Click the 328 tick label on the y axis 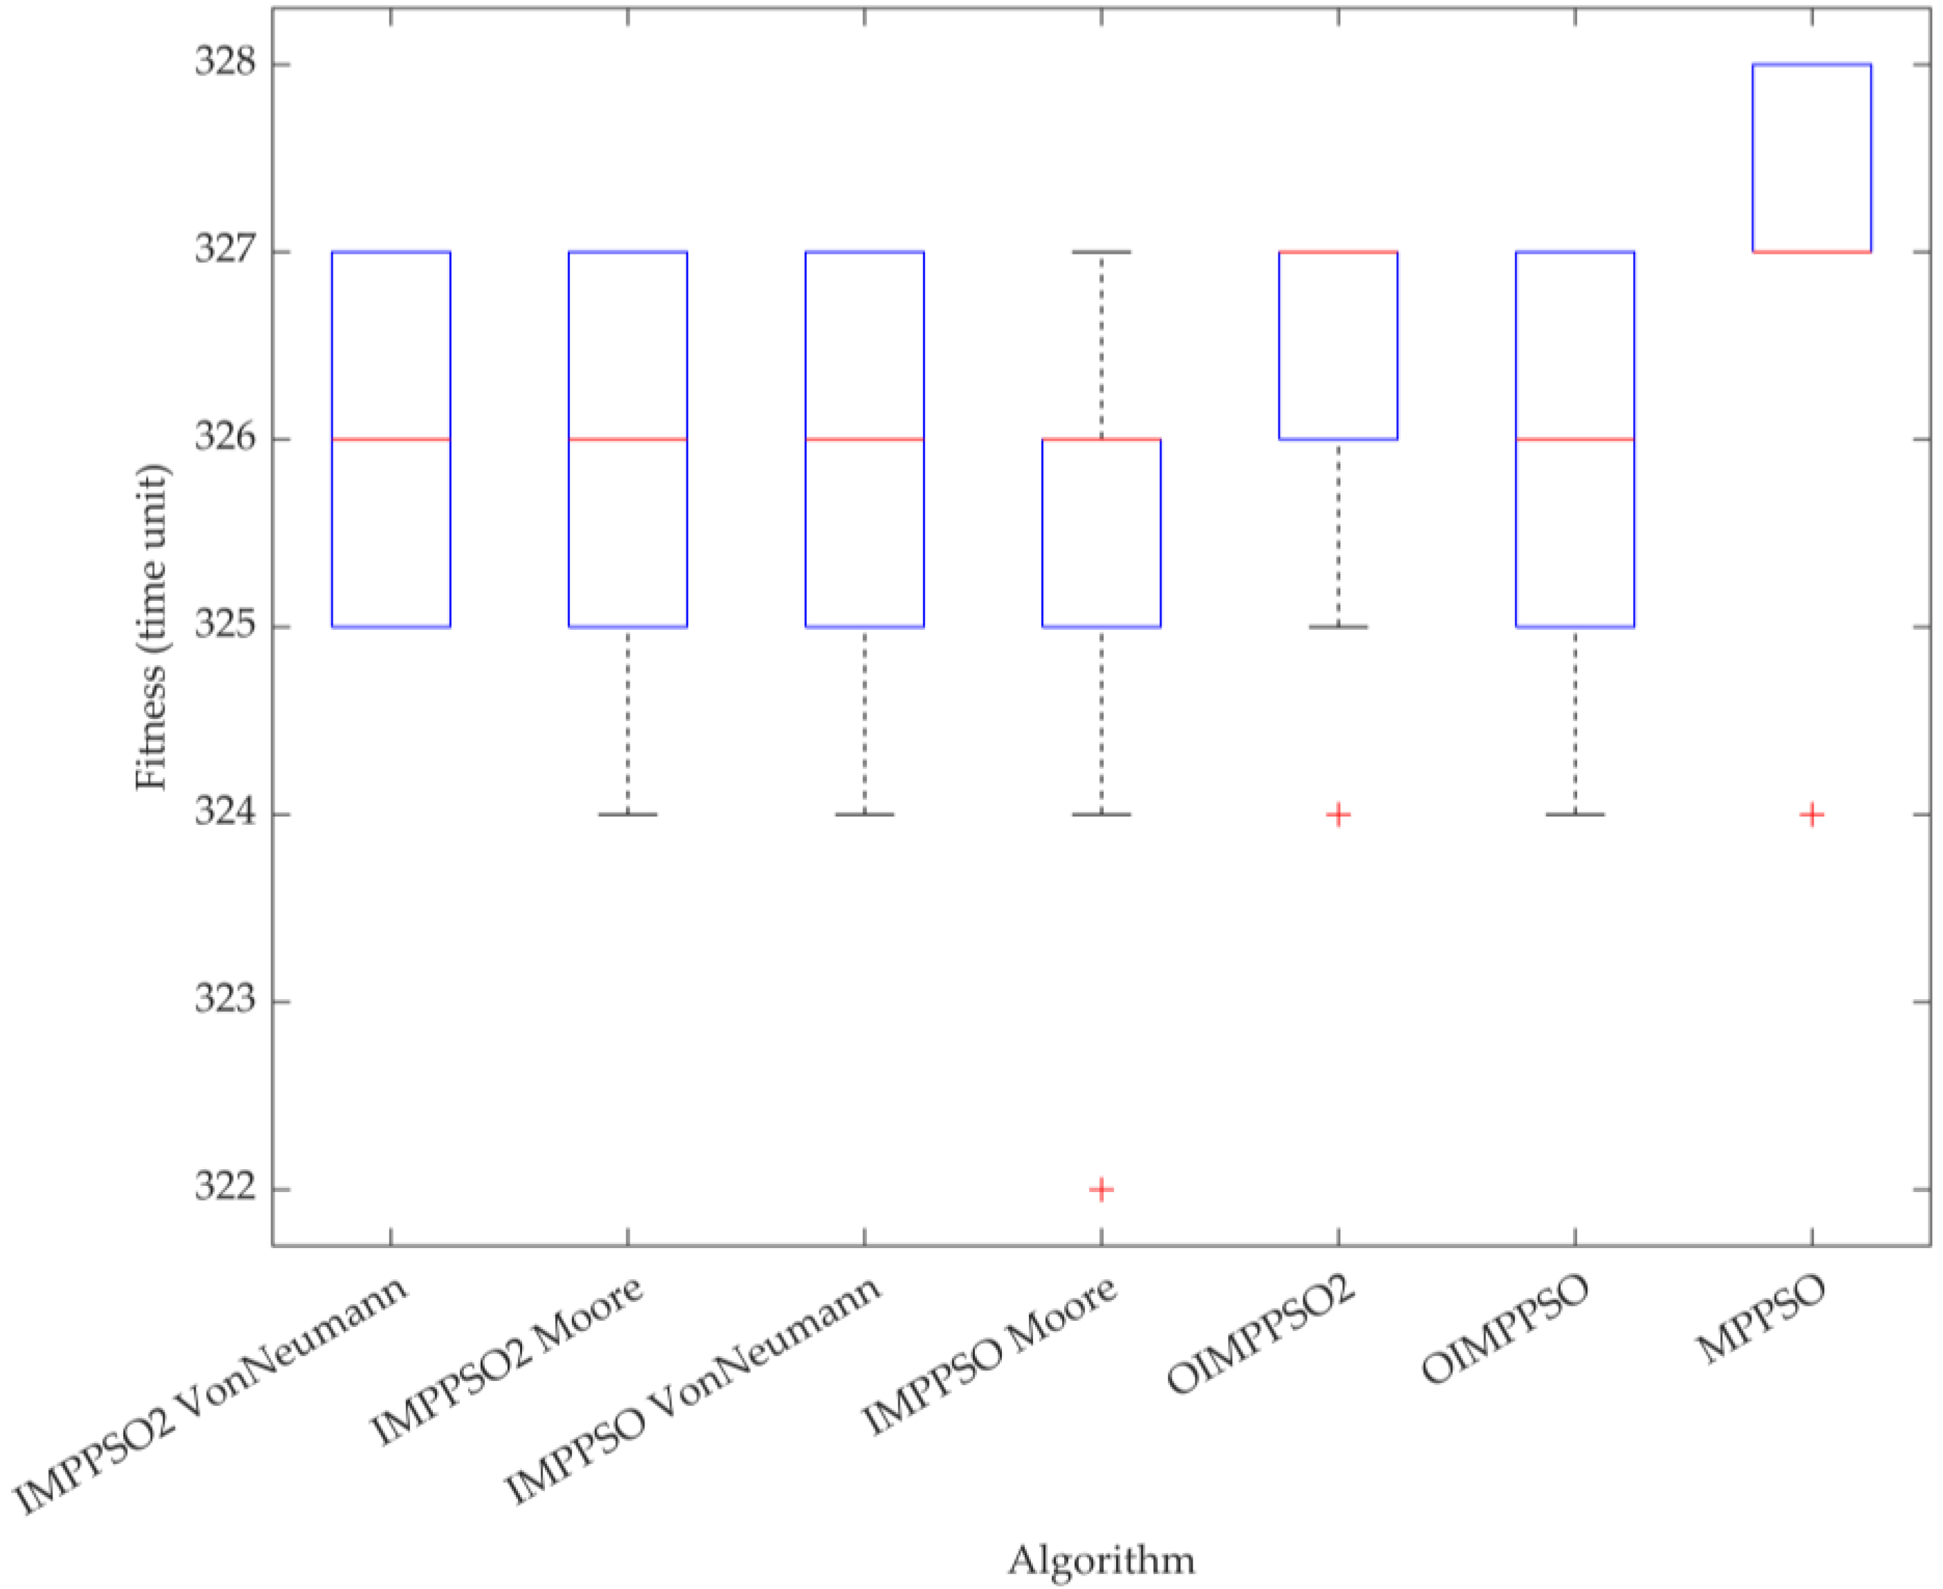225,64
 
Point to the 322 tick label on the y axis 225,1189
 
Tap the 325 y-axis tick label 225,627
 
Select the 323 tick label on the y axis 225,1001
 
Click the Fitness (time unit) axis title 152,628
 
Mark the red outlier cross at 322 1101,1189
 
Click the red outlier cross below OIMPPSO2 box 1338,814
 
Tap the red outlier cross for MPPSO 1812,814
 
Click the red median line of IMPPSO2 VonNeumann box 391,439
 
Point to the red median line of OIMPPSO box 1575,439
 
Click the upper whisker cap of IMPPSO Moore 1101,252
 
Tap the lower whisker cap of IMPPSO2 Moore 628,814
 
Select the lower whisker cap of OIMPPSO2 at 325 1338,627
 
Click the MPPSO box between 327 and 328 1812,158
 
